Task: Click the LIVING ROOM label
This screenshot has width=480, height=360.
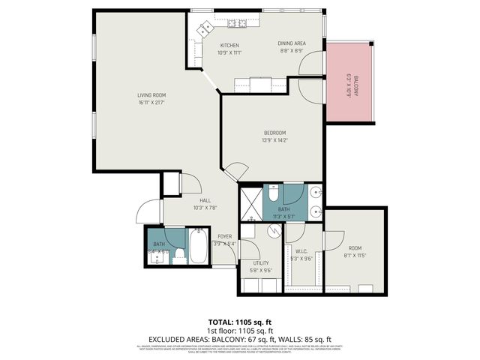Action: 151,95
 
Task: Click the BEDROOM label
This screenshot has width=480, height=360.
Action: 274,133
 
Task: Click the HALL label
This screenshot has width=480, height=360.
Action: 204,200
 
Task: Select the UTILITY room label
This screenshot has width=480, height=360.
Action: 261,263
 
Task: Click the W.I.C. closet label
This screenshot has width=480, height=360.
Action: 301,251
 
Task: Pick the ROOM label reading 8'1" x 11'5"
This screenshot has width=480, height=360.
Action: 355,248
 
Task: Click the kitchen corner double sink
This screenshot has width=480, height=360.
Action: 204,29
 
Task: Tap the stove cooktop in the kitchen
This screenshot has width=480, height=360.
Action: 239,24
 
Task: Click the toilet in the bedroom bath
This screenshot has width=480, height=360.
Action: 274,190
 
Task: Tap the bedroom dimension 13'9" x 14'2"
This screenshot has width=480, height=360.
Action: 274,139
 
